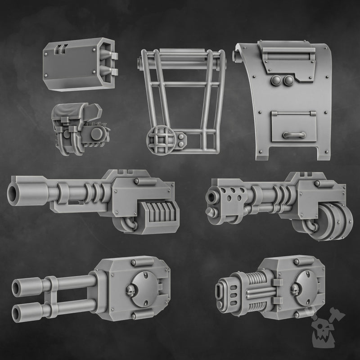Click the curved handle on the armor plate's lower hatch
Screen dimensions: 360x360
(295, 135)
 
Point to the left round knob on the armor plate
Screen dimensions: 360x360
(275, 80)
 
